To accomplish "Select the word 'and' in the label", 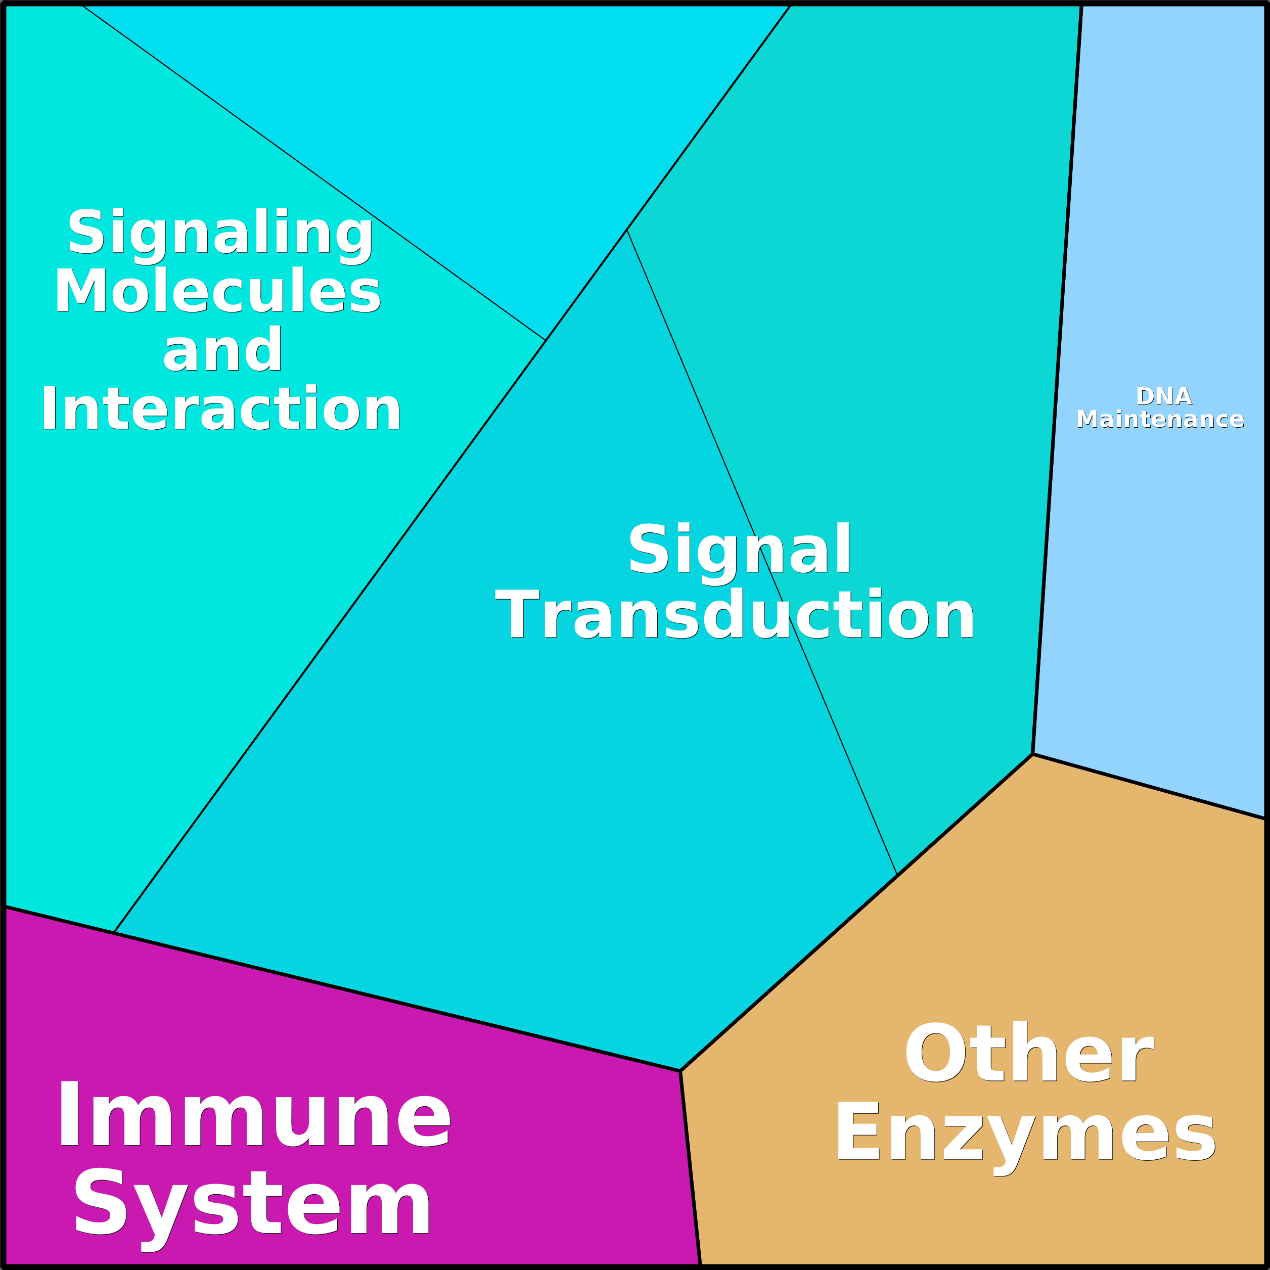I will pos(223,350).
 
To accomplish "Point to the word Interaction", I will pos(221,410).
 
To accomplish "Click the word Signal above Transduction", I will pos(740,550).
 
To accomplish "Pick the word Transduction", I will pos(735,615).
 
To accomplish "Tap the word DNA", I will pos(1163,396).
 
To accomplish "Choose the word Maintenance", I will pos(1160,420).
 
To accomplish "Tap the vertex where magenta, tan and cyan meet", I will pos(681,1071).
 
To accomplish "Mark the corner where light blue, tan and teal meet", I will pos(1033,754).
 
